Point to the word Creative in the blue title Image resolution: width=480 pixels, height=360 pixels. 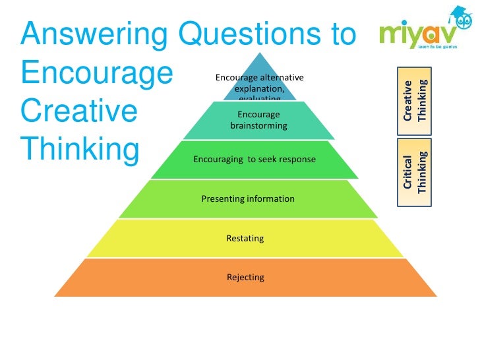click(x=79, y=113)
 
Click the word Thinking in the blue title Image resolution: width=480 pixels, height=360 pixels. click(x=80, y=150)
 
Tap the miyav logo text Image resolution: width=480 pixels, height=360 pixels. click(x=415, y=36)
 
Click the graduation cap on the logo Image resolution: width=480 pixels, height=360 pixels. click(x=459, y=15)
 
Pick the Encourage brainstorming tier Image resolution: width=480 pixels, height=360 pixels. click(x=258, y=120)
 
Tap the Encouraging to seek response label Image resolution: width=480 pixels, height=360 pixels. click(x=254, y=160)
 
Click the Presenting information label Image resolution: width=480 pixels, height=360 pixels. click(x=248, y=198)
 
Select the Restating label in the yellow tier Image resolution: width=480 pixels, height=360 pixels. click(x=245, y=238)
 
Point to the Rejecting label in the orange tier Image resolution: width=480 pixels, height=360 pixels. click(x=245, y=277)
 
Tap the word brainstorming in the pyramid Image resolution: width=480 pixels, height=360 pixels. click(x=258, y=125)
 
